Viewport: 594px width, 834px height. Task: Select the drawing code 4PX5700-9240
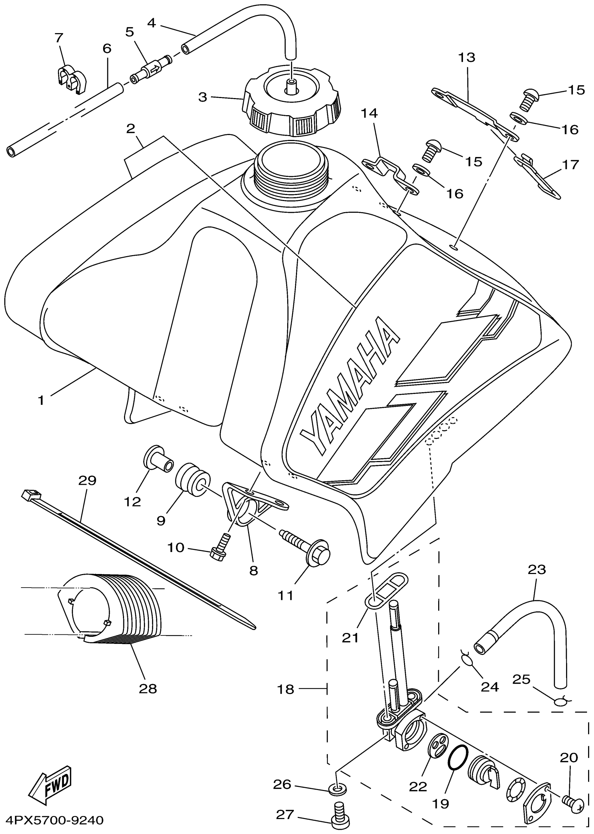tap(52, 820)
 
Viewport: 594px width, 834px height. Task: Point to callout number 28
tap(148, 688)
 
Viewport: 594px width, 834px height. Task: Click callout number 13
tap(467, 57)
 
